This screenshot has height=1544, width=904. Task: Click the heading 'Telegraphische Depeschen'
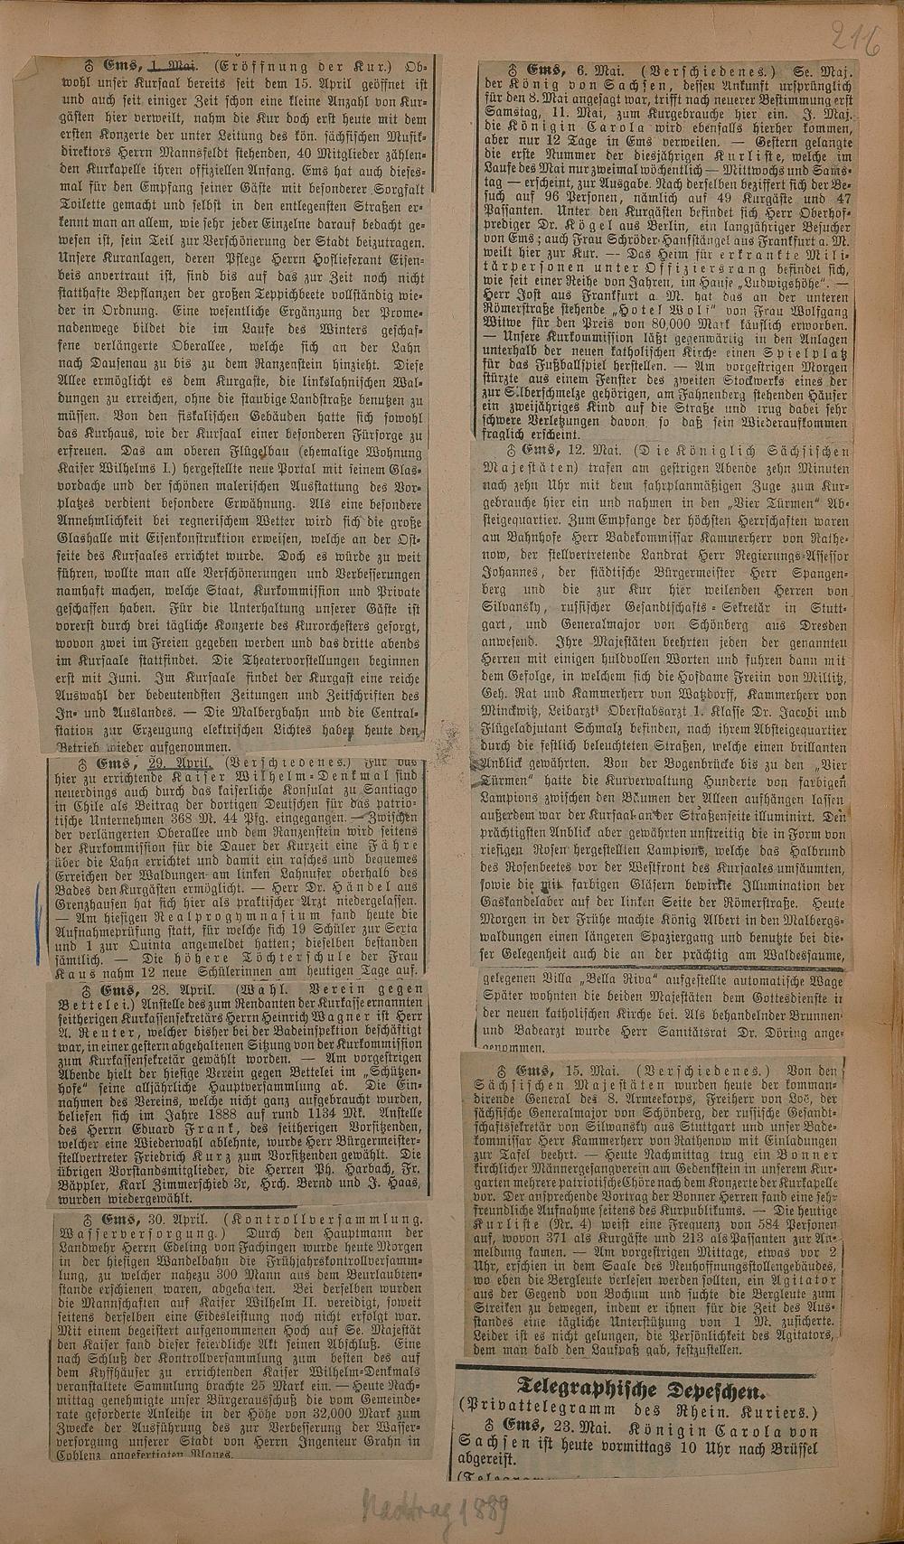[640, 1389]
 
